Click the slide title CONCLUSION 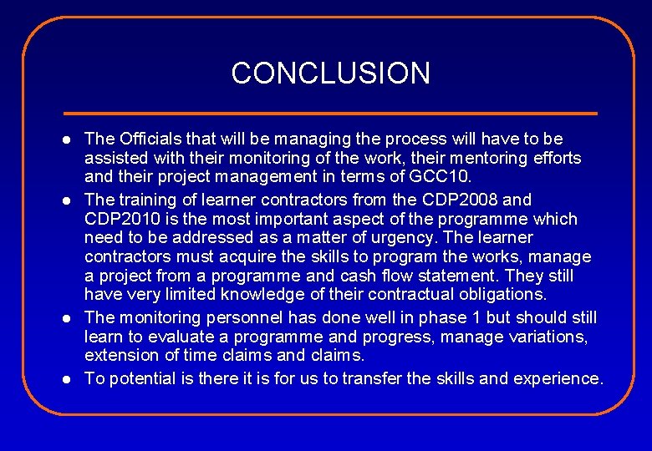[330, 73]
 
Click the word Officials [149, 139]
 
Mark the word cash [370, 276]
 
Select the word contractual [405, 295]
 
